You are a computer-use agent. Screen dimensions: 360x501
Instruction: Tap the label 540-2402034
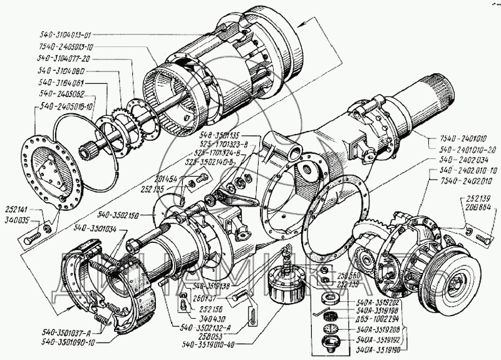pos(462,160)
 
